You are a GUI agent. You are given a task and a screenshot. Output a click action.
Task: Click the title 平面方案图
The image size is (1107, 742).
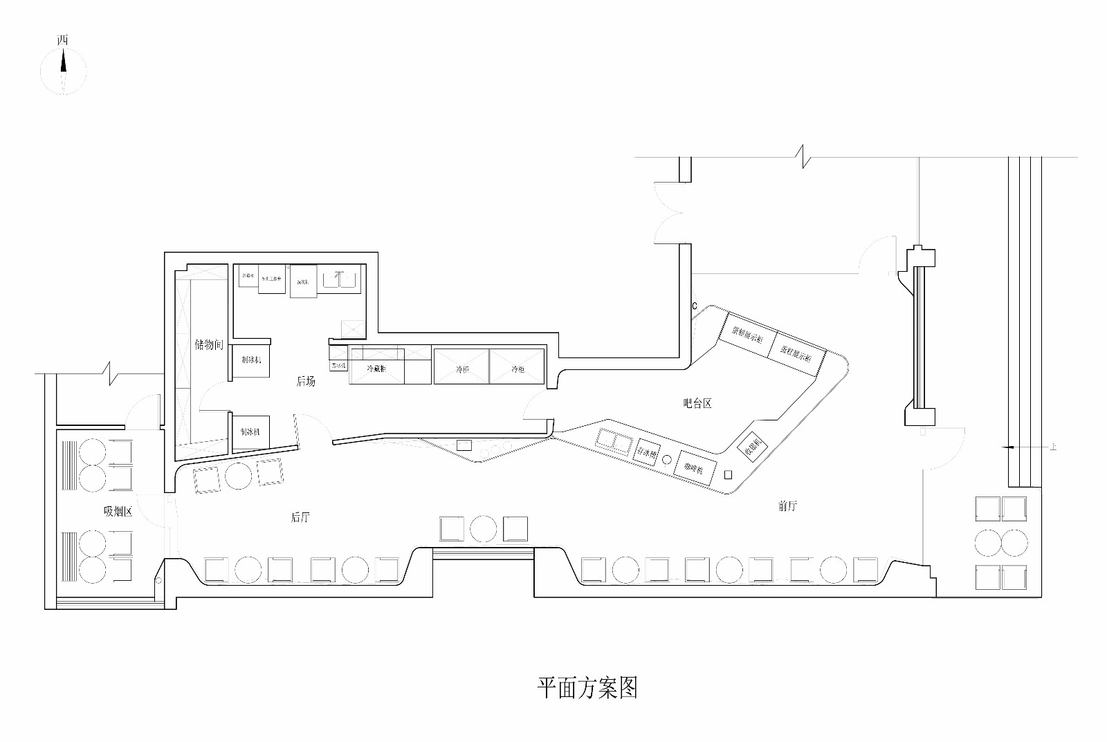pyautogui.click(x=587, y=687)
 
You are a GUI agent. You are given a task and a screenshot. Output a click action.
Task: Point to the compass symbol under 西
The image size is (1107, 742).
pyautogui.click(x=63, y=71)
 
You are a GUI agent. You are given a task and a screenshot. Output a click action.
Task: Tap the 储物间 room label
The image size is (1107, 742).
pyautogui.click(x=209, y=344)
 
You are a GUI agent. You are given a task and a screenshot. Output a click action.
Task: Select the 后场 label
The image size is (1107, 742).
pyautogui.click(x=306, y=381)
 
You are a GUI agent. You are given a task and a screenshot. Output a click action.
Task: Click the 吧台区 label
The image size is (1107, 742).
pyautogui.click(x=697, y=403)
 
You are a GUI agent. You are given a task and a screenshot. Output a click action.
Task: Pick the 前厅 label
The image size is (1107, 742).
pyautogui.click(x=787, y=506)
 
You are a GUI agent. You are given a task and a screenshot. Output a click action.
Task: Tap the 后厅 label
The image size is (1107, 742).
pyautogui.click(x=300, y=517)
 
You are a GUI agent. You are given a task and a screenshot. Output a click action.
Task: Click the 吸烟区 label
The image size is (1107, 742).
pyautogui.click(x=118, y=511)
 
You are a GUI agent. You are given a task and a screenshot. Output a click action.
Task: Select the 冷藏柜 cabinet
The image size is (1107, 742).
pyautogui.click(x=377, y=369)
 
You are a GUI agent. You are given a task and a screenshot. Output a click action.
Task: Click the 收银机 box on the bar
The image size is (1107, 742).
pyautogui.click(x=752, y=448)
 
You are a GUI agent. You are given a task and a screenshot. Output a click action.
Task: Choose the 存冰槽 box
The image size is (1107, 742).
pyautogui.click(x=646, y=452)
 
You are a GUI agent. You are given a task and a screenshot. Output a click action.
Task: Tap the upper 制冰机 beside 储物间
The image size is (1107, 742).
pyautogui.click(x=250, y=360)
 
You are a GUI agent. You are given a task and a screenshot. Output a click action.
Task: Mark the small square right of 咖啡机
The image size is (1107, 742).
pyautogui.click(x=728, y=474)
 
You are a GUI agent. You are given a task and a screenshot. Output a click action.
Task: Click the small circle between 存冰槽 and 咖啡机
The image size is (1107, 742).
pyautogui.click(x=667, y=459)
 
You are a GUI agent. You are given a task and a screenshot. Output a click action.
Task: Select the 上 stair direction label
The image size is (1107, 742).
pyautogui.click(x=1053, y=447)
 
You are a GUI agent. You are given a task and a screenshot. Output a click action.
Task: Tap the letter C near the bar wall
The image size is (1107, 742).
pyautogui.click(x=694, y=306)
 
